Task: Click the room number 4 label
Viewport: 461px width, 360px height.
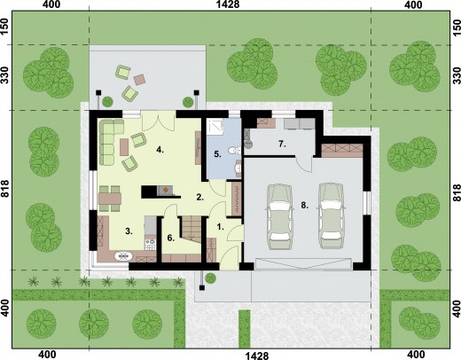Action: pyautogui.click(x=160, y=150)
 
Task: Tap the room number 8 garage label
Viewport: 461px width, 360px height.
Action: pyautogui.click(x=305, y=205)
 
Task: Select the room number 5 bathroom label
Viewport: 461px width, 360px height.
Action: pyautogui.click(x=218, y=154)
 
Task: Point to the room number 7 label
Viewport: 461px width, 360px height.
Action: pyautogui.click(x=282, y=144)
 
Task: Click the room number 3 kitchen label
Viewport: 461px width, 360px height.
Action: pyautogui.click(x=129, y=231)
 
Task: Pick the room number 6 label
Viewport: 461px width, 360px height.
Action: pyautogui.click(x=171, y=238)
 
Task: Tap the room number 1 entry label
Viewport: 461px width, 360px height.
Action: pyautogui.click(x=221, y=227)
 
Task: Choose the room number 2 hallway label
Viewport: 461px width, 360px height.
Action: pyautogui.click(x=200, y=197)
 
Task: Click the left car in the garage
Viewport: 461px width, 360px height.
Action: pyautogui.click(x=279, y=216)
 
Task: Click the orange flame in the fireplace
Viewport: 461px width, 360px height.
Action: pyautogui.click(x=166, y=189)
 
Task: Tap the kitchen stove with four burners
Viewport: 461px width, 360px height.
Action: pyautogui.click(x=150, y=245)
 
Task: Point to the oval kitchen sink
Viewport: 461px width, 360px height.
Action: pyautogui.click(x=123, y=255)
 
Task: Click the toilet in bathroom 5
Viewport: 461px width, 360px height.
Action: pyautogui.click(x=235, y=150)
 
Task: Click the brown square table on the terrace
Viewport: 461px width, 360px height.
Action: pyautogui.click(x=139, y=79)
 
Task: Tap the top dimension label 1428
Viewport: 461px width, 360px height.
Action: pyautogui.click(x=228, y=4)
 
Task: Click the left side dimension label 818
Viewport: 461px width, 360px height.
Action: pyautogui.click(x=4, y=189)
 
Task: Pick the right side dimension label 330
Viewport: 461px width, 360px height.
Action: pyautogui.click(x=457, y=75)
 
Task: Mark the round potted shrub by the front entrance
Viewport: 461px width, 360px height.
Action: pyautogui.click(x=210, y=278)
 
